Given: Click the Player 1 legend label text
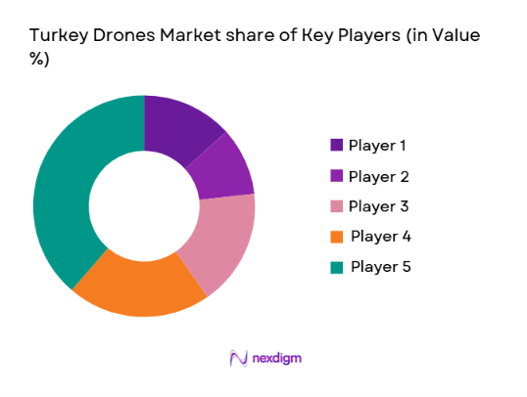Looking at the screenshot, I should (378, 147).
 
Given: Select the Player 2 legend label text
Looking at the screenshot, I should (378, 177).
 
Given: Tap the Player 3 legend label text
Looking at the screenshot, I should (378, 206).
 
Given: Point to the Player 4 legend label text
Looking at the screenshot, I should (379, 237).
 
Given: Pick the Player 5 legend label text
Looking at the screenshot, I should (379, 266).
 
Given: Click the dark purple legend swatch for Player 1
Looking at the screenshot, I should (337, 146).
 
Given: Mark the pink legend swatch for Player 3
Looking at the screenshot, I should (337, 206).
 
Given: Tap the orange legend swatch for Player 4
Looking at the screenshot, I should (337, 237).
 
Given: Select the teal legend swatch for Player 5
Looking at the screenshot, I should (337, 266).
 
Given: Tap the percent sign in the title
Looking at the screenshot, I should (39, 60).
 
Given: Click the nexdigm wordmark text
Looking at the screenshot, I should (276, 358).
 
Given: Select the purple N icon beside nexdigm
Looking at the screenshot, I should (237, 358).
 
